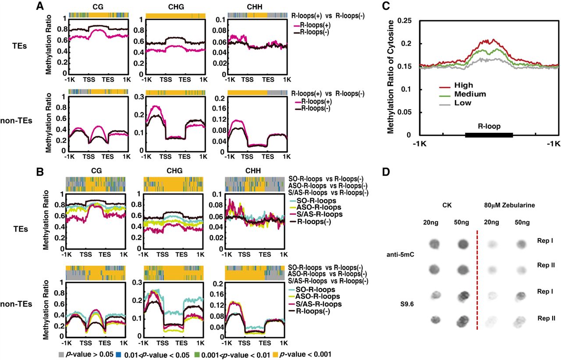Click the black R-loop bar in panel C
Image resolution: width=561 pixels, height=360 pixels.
(489, 135)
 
